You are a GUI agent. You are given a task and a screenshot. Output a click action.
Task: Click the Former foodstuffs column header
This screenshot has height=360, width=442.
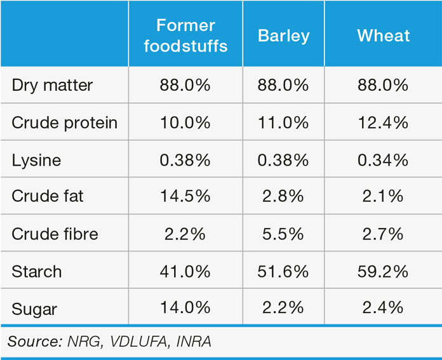click(185, 36)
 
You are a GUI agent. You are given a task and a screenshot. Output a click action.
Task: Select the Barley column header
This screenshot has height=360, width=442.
click(283, 36)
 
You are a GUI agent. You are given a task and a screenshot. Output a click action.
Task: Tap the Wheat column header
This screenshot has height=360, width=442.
click(382, 36)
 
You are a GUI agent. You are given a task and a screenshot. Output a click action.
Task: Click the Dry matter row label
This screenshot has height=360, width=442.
click(52, 86)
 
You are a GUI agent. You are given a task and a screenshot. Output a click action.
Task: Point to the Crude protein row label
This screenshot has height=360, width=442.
click(65, 123)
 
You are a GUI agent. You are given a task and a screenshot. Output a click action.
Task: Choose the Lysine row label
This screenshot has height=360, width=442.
click(36, 160)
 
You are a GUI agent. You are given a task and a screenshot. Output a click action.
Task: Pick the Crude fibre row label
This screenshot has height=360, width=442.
click(55, 234)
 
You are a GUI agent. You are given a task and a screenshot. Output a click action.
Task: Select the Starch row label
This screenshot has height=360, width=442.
click(37, 272)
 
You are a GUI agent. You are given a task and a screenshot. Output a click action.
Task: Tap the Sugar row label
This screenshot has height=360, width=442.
click(34, 309)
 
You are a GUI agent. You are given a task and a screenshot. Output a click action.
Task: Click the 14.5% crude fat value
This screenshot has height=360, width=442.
click(185, 197)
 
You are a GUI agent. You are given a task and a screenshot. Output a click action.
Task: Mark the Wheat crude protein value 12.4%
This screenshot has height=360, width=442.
click(382, 123)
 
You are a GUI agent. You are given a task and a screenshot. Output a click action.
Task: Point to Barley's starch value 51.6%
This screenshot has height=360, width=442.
click(283, 272)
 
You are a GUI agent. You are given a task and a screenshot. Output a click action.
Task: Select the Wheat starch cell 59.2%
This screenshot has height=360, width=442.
click(382, 272)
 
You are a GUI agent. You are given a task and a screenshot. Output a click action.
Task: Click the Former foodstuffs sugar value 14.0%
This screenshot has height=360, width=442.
click(185, 309)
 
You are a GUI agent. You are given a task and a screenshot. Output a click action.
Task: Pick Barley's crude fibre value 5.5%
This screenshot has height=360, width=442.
click(283, 234)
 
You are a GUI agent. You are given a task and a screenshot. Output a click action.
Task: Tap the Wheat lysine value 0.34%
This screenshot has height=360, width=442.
click(382, 160)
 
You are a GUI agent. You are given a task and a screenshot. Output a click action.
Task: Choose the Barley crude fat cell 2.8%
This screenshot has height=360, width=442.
click(283, 197)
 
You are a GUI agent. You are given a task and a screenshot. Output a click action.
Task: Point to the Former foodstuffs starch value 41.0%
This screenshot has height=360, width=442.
click(185, 272)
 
